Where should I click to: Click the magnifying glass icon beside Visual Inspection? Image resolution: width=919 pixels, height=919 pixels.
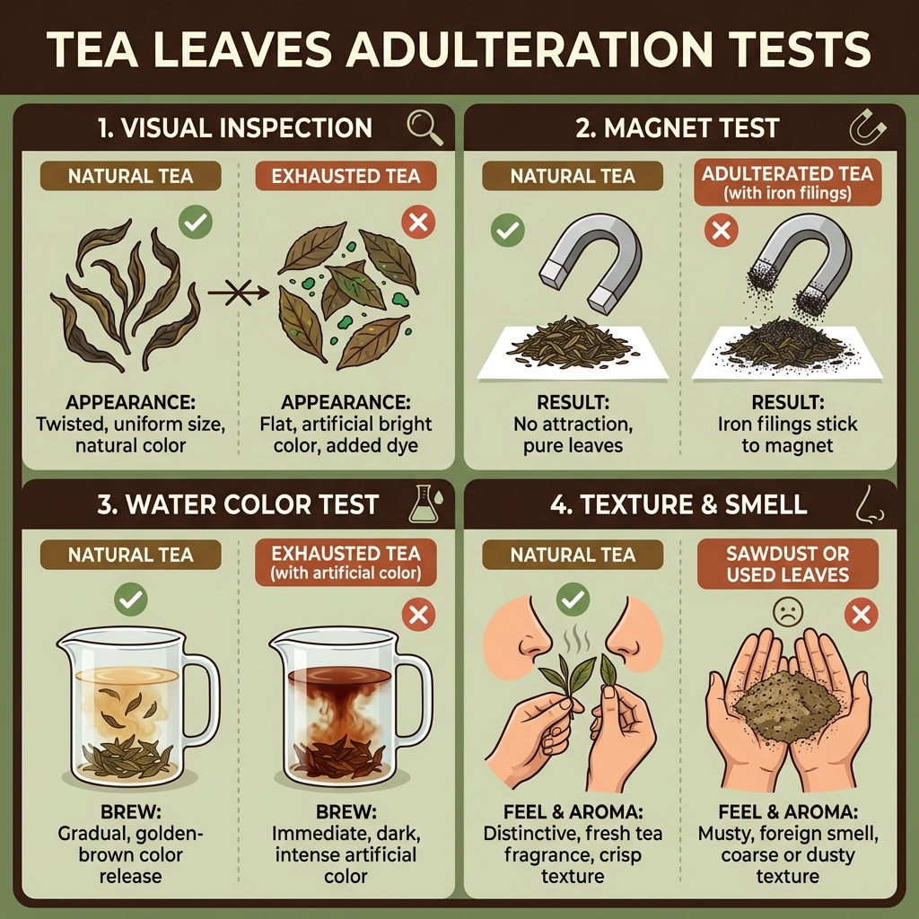pos(424,128)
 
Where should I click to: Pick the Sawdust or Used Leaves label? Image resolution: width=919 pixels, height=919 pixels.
pos(787,564)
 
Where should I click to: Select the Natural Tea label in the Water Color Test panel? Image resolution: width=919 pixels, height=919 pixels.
pos(131,556)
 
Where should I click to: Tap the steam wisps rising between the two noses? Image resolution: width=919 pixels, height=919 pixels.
pos(573,641)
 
